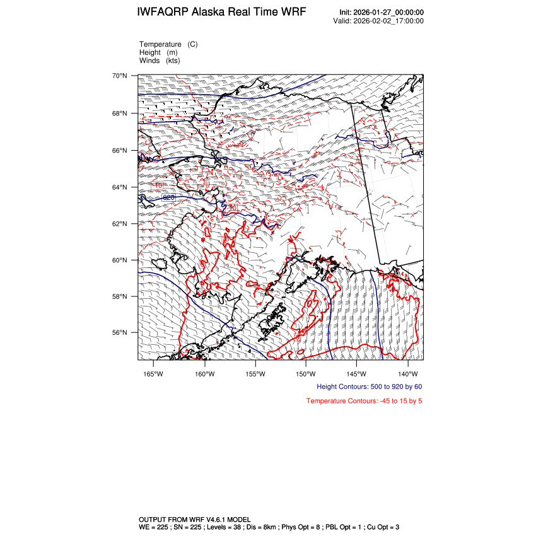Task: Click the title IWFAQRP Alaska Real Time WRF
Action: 221,13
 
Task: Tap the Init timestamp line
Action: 381,13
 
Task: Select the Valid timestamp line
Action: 378,21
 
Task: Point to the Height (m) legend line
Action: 158,52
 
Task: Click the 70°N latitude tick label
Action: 120,76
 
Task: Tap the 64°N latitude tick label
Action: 120,187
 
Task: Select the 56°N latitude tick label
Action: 120,333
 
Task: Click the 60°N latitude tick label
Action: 120,260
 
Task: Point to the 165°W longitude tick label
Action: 153,373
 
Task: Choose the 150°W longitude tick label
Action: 305,373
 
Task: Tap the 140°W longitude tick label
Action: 408,373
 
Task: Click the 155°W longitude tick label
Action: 255,373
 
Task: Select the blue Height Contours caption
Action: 369,387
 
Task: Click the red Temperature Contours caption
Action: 364,401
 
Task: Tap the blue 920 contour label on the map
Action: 169,198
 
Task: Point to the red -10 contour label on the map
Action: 158,185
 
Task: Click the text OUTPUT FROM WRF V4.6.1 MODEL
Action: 195,518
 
